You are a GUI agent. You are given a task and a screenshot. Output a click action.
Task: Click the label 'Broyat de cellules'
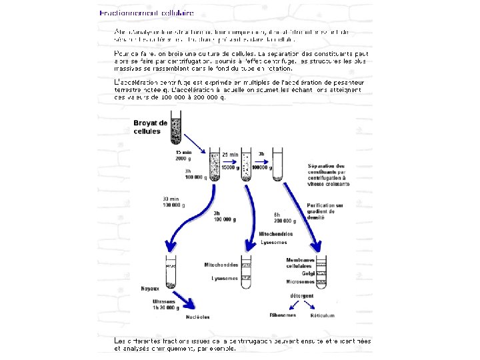click(x=150, y=127)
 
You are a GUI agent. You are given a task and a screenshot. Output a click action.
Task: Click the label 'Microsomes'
click(x=300, y=281)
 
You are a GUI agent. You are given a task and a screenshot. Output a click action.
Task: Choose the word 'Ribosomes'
click(x=282, y=315)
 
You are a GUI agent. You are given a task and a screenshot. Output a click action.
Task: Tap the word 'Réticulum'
click(x=323, y=315)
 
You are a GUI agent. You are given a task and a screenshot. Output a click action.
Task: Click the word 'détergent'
click(x=302, y=295)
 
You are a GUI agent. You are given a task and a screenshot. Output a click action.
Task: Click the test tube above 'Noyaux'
click(x=170, y=273)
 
